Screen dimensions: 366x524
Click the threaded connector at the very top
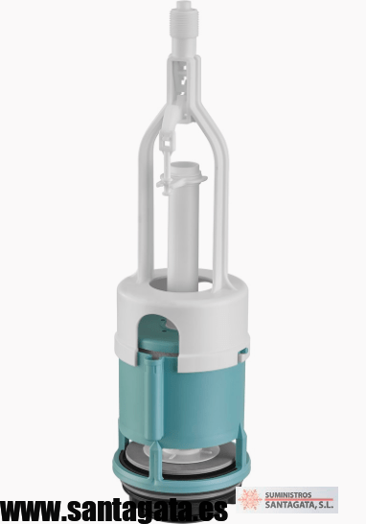[x=184, y=21]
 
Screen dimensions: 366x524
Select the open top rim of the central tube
[x=185, y=166]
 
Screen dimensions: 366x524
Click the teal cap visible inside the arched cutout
[x=158, y=343]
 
